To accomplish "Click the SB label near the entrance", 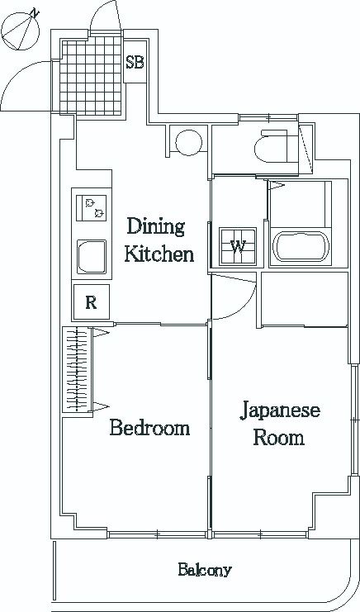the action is (x=135, y=63).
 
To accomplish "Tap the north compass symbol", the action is (x=21, y=31).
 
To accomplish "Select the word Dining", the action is (x=155, y=227).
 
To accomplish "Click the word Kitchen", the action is (x=159, y=254).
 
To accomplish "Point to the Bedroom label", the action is (x=149, y=428).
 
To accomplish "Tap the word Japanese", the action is (x=280, y=411).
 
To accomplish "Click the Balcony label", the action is (x=205, y=570).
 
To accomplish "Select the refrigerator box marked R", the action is (x=92, y=302).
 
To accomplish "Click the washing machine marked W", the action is (x=238, y=247).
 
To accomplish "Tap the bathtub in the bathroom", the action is (x=301, y=246).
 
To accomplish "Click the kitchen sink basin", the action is (x=92, y=257).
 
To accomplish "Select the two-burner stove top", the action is (x=92, y=207).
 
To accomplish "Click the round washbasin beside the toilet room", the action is (x=189, y=142).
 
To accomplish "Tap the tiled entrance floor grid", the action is (x=92, y=75).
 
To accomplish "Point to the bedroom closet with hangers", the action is (x=78, y=369).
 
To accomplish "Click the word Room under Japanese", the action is (x=278, y=438).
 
